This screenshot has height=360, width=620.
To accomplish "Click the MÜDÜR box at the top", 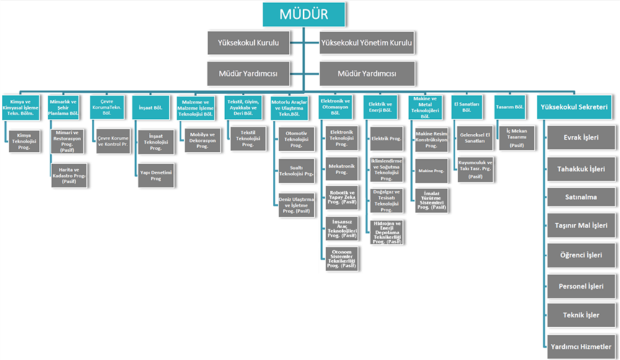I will tap(304, 14).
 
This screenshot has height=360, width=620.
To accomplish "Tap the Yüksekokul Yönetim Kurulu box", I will tap(366, 44).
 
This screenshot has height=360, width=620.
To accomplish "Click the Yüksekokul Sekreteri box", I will tap(574, 107).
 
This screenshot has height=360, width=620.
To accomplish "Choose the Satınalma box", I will tap(581, 197).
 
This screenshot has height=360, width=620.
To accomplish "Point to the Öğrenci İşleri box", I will tap(581, 255).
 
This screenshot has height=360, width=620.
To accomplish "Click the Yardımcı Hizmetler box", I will tap(581, 346).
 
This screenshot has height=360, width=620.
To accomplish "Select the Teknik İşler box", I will tap(581, 315).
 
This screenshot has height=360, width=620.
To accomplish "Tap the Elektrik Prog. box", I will tap(386, 138).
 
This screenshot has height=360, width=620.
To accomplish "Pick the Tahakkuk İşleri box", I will tap(581, 167).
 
